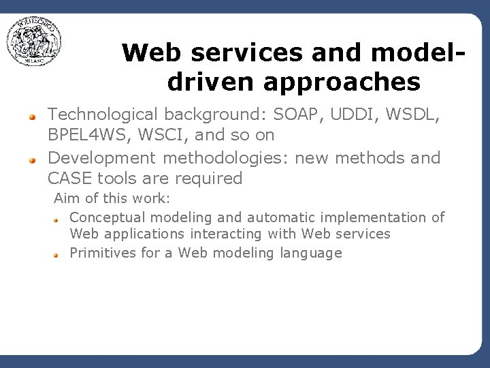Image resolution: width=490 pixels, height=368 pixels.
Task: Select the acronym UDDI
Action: point(355,114)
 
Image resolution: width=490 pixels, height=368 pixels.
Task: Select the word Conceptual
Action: point(108,217)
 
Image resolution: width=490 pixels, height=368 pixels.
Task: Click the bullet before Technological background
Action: point(31,116)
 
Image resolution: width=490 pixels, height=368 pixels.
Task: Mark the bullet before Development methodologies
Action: point(31,159)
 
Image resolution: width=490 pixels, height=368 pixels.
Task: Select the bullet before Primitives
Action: point(59,254)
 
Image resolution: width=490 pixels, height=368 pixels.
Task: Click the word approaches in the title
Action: point(340,82)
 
